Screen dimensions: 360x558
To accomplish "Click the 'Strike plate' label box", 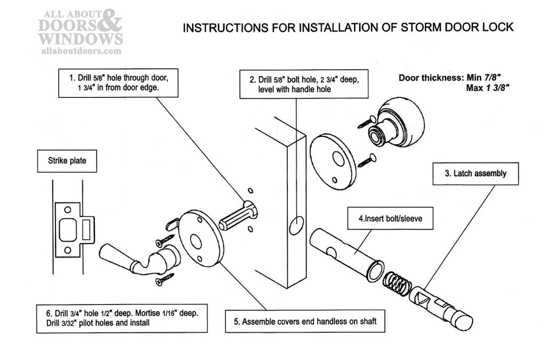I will [67, 160].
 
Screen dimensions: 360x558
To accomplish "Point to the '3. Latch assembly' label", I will [475, 173].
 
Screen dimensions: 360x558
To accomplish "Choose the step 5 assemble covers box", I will [305, 322].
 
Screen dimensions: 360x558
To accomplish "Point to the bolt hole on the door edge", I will [296, 225].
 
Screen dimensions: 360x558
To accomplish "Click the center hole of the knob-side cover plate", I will [337, 160].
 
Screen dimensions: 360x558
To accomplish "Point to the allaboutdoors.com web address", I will [81, 51].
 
